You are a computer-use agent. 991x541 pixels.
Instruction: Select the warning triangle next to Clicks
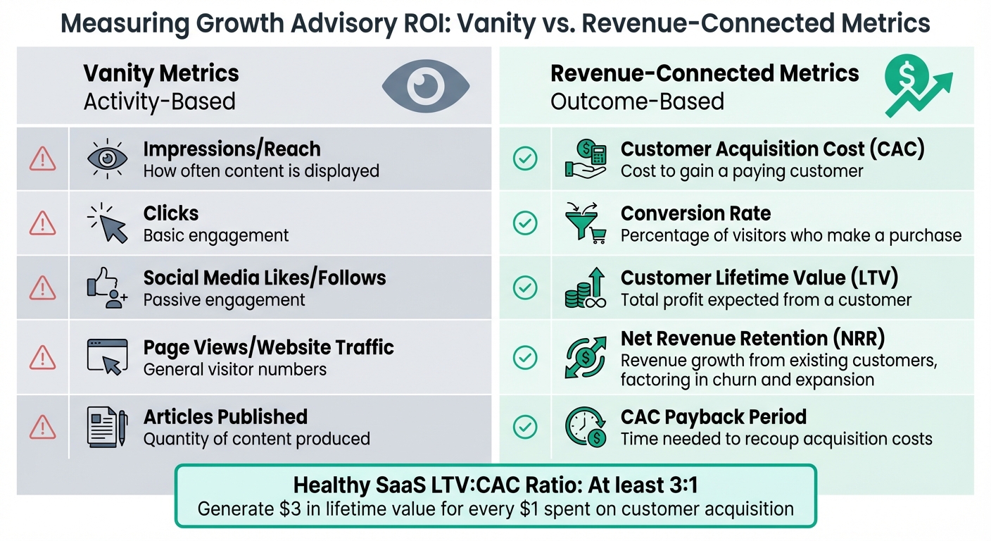point(42,223)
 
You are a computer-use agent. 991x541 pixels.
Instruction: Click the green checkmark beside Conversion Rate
point(525,223)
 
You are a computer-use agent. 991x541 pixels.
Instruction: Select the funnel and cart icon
point(586,223)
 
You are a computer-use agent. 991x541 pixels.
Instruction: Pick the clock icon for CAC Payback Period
point(586,426)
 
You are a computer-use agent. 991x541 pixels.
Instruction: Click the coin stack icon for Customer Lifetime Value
point(586,289)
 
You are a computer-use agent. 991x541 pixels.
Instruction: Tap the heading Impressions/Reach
point(232,149)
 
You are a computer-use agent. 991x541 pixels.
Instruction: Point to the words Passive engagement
point(224,300)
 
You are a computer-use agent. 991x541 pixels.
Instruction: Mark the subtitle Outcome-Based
point(637,101)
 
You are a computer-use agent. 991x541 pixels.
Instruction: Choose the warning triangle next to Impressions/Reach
point(42,159)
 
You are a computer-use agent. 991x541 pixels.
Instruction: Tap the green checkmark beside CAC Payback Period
point(525,426)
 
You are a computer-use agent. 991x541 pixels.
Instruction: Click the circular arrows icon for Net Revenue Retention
point(586,356)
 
